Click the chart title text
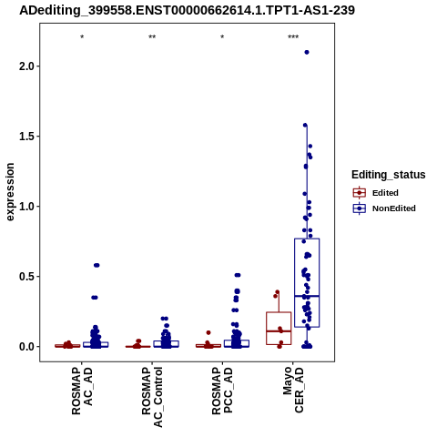point(187,11)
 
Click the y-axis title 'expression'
point(10,192)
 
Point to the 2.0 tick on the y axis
point(27,66)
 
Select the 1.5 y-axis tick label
point(27,137)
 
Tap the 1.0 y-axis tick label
point(27,207)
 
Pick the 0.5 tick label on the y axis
point(27,277)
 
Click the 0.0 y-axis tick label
point(27,347)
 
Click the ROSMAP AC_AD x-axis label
point(82,391)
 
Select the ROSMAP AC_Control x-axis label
point(152,397)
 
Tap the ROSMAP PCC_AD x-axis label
point(222,391)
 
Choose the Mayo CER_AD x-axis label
point(293,390)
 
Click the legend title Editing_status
point(389,175)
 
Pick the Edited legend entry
point(375,193)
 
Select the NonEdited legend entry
point(384,208)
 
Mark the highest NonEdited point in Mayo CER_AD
point(307,52)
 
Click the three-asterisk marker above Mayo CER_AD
point(293,37)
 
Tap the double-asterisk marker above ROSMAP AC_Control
point(152,37)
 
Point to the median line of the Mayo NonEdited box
point(307,296)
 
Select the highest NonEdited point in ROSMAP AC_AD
point(97,265)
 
